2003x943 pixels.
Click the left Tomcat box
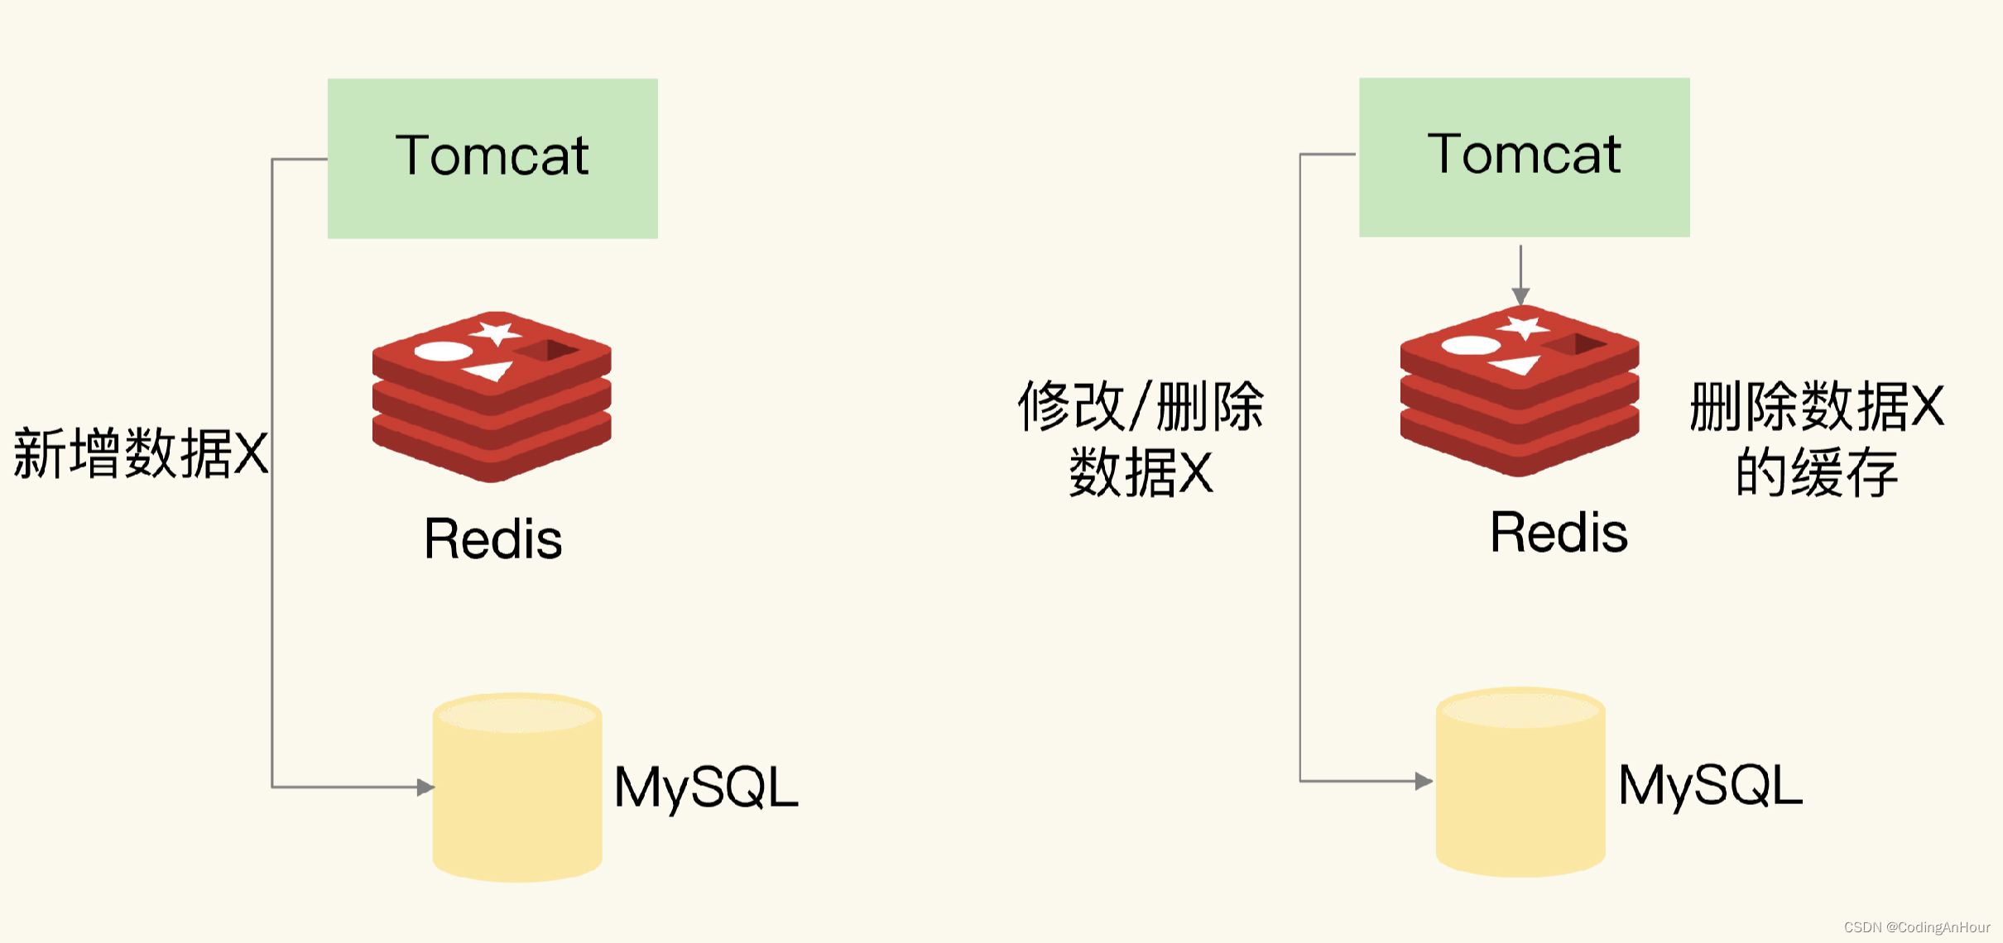click(492, 158)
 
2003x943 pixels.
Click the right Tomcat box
click(1524, 157)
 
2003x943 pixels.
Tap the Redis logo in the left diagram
click(492, 397)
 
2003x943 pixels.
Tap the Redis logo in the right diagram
click(1520, 391)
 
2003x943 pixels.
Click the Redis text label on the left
click(493, 539)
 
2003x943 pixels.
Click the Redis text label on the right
click(1559, 533)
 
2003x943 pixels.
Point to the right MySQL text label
click(1710, 785)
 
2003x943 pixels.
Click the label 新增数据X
click(141, 453)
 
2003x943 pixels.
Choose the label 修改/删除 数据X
click(1141, 438)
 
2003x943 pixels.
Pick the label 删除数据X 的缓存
click(1817, 438)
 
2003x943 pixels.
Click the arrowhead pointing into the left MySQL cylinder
click(425, 787)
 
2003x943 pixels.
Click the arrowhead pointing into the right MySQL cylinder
click(1424, 781)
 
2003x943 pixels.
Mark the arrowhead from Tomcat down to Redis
click(1520, 296)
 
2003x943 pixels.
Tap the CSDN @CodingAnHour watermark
click(1917, 927)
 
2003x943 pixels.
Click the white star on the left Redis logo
click(496, 333)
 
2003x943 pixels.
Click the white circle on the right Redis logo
click(1471, 345)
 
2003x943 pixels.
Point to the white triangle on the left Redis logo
click(490, 371)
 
